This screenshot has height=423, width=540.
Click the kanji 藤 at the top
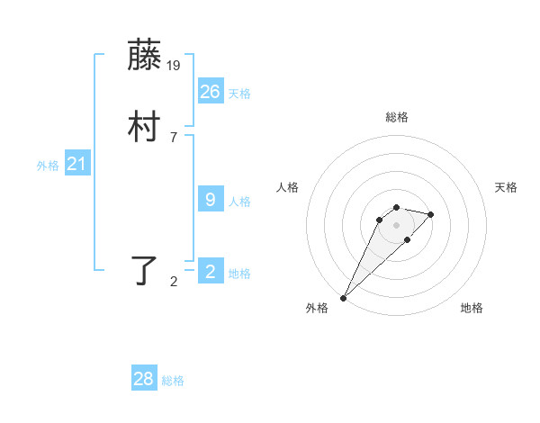pyautogui.click(x=145, y=56)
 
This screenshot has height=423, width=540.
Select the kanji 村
pyautogui.click(x=145, y=128)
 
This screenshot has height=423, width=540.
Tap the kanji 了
pyautogui.click(x=145, y=270)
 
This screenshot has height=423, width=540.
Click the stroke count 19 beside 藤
pyautogui.click(x=175, y=65)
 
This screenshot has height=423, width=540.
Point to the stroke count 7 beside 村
pyautogui.click(x=174, y=137)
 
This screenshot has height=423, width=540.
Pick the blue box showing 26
pyautogui.click(x=211, y=91)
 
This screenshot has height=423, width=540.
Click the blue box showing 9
pyautogui.click(x=211, y=200)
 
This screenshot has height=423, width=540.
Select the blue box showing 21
pyautogui.click(x=77, y=164)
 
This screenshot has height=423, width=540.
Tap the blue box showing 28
pyautogui.click(x=144, y=379)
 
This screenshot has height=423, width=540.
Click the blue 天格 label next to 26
pyautogui.click(x=239, y=94)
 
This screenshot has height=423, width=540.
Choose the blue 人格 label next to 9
pyautogui.click(x=239, y=202)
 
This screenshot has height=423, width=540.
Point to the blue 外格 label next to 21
pyautogui.click(x=48, y=166)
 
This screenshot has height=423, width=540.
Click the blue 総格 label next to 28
pyautogui.click(x=173, y=382)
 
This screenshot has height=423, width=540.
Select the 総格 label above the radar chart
pyautogui.click(x=397, y=117)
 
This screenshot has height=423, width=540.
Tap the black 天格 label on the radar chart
pyautogui.click(x=506, y=187)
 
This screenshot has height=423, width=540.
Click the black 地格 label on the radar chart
pyautogui.click(x=472, y=308)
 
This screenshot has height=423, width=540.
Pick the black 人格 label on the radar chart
pyautogui.click(x=288, y=187)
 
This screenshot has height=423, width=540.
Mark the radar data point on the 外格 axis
pyautogui.click(x=344, y=297)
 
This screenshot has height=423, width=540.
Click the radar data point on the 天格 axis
pyautogui.click(x=431, y=214)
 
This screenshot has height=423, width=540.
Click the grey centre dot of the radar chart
pyautogui.click(x=397, y=225)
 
